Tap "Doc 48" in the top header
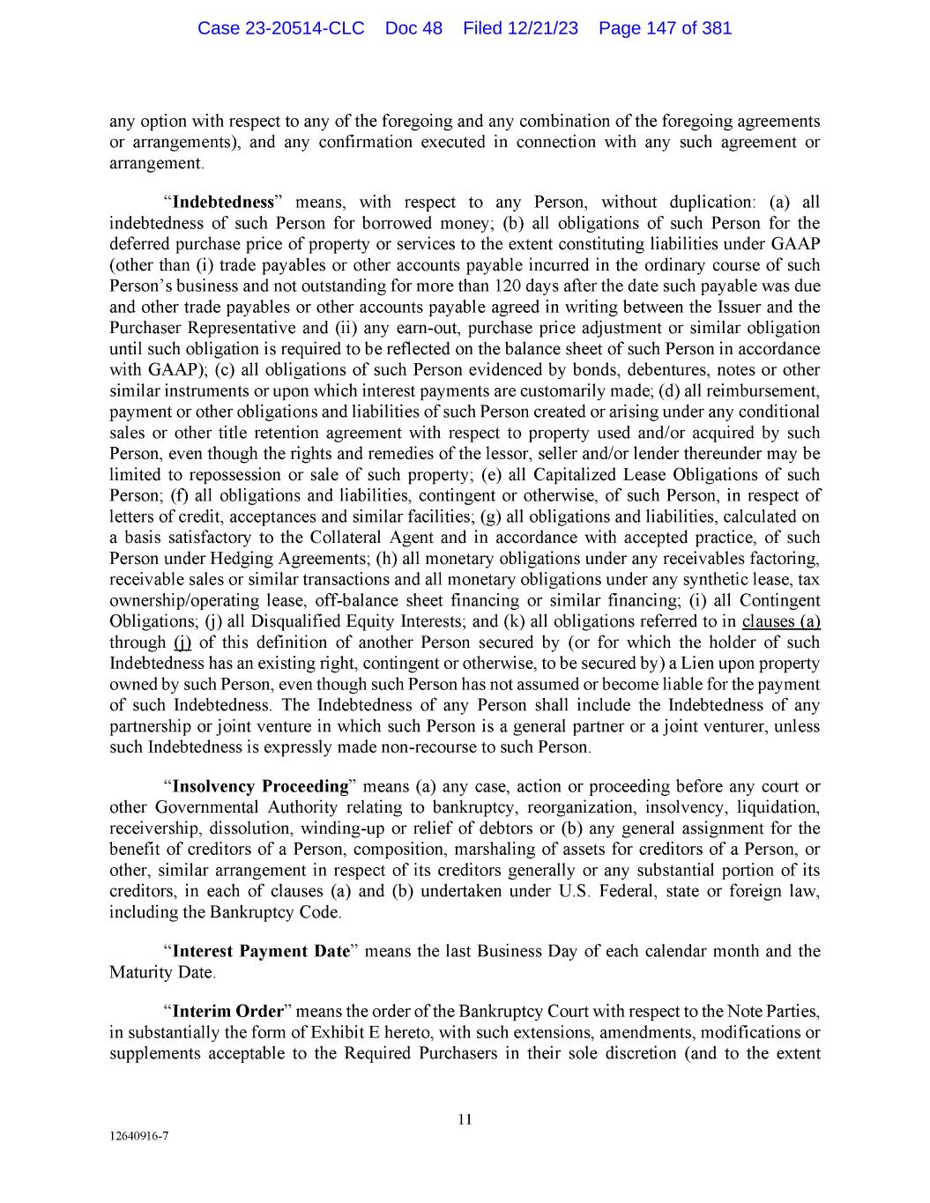(413, 28)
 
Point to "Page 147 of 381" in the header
(665, 28)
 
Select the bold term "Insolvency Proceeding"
(261, 786)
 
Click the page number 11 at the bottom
(465, 1120)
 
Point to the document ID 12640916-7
(138, 1136)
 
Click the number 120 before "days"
(508, 286)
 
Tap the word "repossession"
(227, 475)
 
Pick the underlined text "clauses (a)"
(781, 621)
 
